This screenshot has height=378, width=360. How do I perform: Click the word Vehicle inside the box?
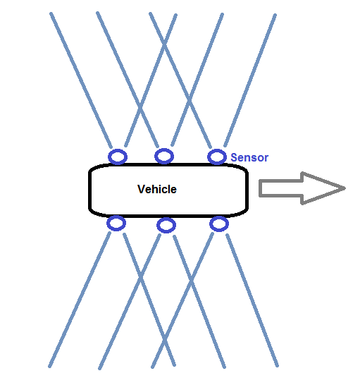tap(157, 189)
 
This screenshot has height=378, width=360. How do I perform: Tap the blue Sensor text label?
tap(249, 158)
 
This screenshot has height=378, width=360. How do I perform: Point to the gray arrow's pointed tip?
tap(345, 188)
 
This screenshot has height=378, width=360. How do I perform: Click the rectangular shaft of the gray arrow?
tap(281, 188)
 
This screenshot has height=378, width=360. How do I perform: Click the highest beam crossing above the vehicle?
tap(164, 44)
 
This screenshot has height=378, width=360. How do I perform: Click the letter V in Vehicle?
tap(141, 189)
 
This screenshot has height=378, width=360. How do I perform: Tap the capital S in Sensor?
tap(234, 158)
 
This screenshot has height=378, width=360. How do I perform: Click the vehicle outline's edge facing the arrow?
tap(247, 190)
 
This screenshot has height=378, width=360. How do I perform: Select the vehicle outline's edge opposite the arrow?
tap(89, 190)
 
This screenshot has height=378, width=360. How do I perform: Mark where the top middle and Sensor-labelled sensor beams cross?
tap(190, 100)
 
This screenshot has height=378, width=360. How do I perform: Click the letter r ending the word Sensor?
tap(266, 159)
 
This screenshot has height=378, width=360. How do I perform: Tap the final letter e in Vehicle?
tap(173, 190)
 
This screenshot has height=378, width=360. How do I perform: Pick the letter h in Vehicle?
tap(154, 189)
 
